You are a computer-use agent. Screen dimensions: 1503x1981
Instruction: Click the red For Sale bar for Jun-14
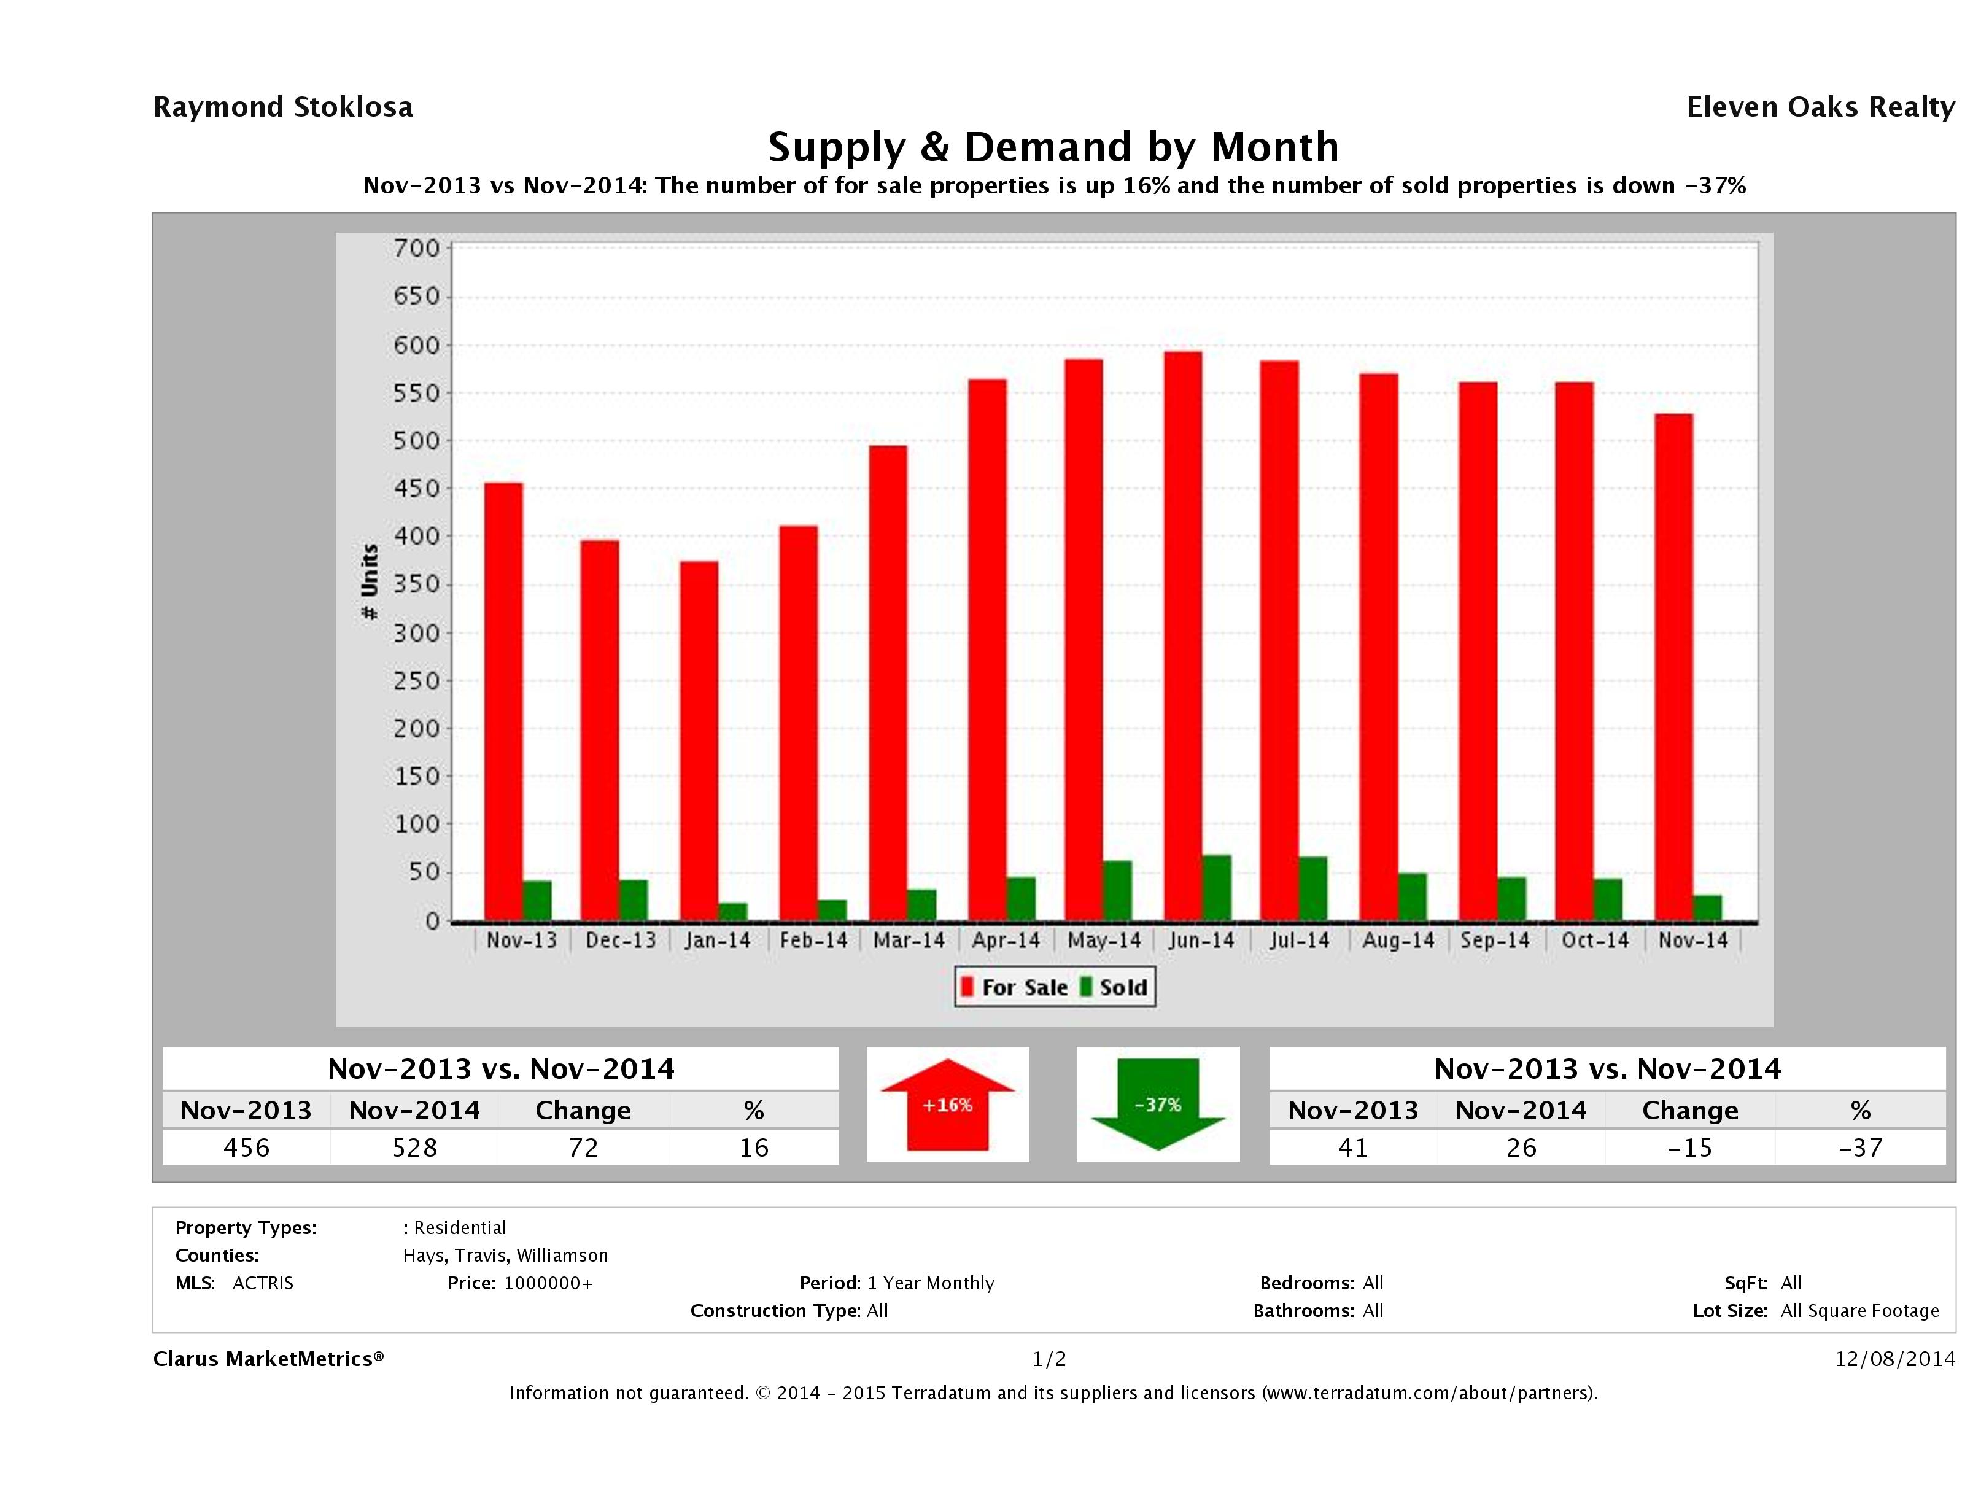pos(1182,636)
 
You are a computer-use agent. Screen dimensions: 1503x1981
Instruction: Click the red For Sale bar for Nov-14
pos(1673,667)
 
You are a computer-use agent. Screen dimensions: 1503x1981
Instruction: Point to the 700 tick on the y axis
pos(417,248)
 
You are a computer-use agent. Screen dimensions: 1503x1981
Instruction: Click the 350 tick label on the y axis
pos(417,585)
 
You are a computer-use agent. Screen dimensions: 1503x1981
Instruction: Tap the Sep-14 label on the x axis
pos(1495,941)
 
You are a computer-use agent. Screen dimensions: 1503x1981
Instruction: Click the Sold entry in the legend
pos(1115,987)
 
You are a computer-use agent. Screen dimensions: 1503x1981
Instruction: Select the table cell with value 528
pos(414,1148)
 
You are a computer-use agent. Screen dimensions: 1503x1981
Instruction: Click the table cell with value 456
pos(246,1148)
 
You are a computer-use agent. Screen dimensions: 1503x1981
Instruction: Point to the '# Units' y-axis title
pos(369,582)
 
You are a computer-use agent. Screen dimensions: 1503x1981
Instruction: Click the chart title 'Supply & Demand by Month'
pos(1053,147)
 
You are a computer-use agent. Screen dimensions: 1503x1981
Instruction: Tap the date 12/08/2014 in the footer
pos(1894,1359)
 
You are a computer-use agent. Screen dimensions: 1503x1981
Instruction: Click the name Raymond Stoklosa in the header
pos(283,107)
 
